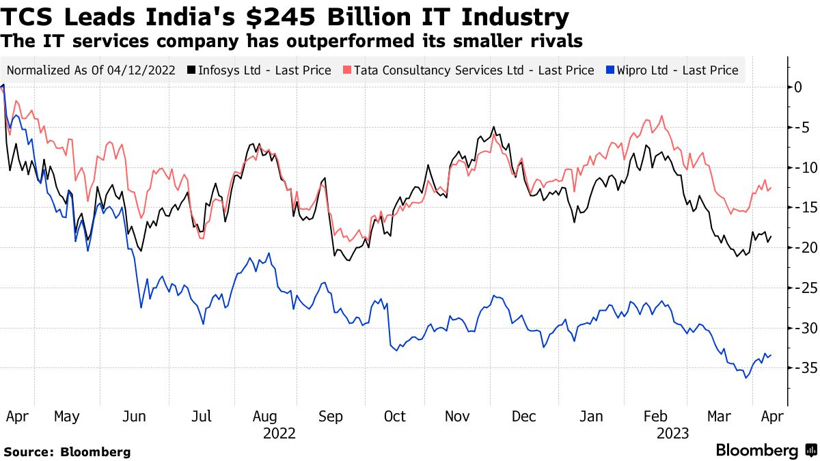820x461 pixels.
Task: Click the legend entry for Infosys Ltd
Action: click(264, 70)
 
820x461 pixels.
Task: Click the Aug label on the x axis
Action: click(264, 417)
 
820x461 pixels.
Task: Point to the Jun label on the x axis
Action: click(134, 417)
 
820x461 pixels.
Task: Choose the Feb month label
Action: click(655, 417)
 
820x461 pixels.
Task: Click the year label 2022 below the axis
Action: click(279, 434)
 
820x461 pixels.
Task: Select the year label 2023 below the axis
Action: click(672, 434)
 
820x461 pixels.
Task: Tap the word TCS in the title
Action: click(29, 17)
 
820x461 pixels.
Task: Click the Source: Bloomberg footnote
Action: click(67, 451)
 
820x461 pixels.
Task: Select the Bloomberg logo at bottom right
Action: click(765, 451)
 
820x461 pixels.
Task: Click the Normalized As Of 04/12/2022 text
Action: click(91, 70)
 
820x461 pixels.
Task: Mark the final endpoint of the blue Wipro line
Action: click(771, 354)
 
